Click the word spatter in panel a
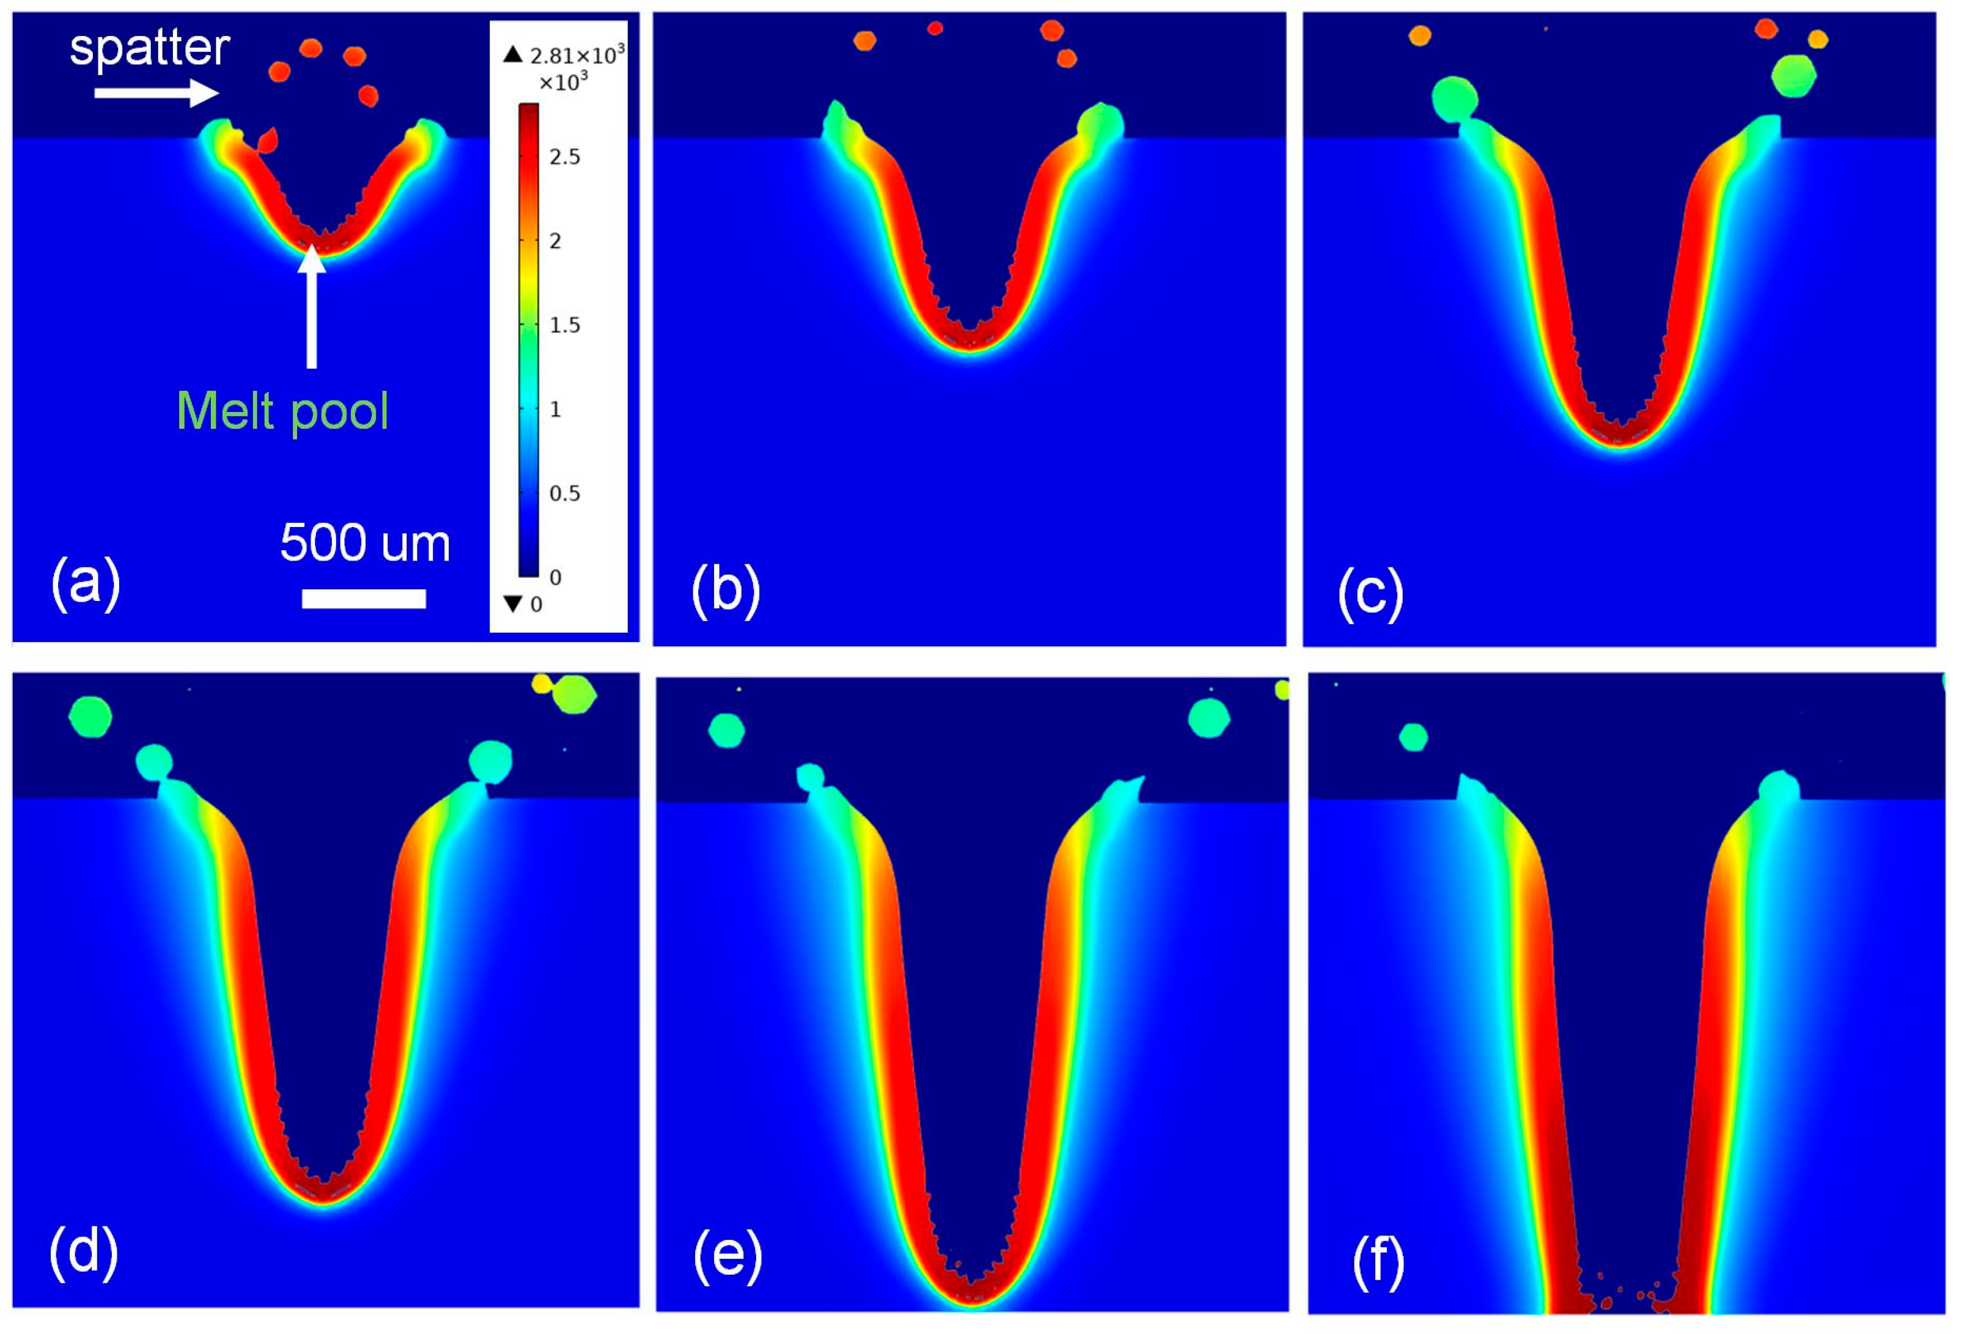coord(149,48)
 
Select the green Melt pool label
coord(282,411)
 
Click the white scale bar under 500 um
coord(364,599)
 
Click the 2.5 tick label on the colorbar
coord(564,157)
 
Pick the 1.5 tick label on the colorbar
coord(564,326)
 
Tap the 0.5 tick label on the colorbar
coord(564,493)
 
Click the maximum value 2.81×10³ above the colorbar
coord(576,56)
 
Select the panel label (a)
coord(85,582)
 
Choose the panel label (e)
coord(727,1255)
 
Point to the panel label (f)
coord(1378,1261)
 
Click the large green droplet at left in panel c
coord(1455,98)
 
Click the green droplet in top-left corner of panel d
coord(90,717)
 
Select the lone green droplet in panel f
coord(1413,737)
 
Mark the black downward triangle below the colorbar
coord(512,604)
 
